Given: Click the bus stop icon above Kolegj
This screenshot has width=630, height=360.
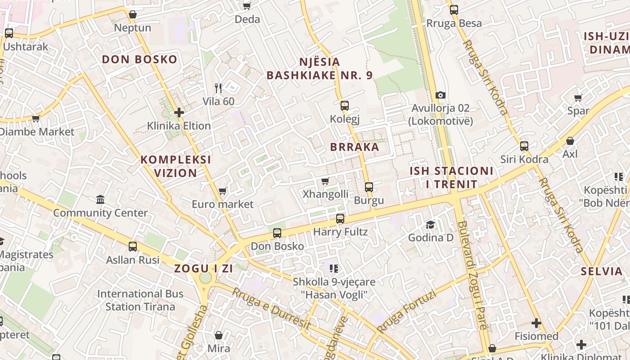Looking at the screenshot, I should tap(344, 106).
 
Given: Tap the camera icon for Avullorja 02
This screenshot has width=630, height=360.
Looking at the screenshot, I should tap(441, 95).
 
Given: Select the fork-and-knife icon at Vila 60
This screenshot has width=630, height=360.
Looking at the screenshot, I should tap(218, 88).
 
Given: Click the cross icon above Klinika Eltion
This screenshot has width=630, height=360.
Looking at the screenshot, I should tap(179, 112).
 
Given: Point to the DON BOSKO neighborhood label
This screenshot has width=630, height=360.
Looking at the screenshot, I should tap(139, 59).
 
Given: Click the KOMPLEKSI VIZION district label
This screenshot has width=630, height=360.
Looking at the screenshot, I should tap(175, 166).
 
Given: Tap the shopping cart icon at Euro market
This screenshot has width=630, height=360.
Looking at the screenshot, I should tap(222, 191).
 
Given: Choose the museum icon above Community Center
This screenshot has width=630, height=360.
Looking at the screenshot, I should tap(100, 199).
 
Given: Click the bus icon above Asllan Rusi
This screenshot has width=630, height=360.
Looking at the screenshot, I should tap(133, 247).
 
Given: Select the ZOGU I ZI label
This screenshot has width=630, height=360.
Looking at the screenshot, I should tap(203, 269).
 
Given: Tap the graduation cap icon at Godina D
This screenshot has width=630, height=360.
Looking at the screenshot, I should tap(431, 224).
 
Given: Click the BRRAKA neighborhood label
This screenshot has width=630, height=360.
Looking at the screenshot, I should tap(355, 147).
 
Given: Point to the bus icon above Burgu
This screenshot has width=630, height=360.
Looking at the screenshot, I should tap(369, 187).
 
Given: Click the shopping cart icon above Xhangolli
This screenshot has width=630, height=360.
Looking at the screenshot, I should tap(325, 181).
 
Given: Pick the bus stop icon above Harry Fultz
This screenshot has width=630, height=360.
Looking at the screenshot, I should tap(340, 219).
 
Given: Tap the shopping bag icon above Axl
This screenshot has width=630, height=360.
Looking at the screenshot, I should tap(570, 141).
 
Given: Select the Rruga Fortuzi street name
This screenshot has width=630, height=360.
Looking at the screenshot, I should tap(407, 312).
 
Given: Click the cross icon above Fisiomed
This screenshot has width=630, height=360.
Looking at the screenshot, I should tap(536, 323).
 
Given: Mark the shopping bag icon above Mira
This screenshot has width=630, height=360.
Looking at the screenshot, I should tap(219, 335).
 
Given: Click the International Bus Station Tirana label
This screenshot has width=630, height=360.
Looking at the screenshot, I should tap(140, 300).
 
